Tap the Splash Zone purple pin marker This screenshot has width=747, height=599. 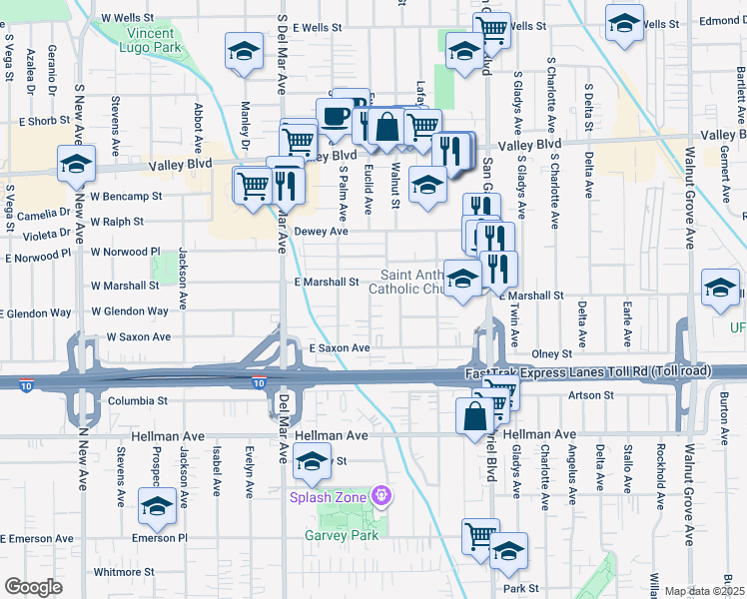378,495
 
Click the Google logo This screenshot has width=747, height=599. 33,587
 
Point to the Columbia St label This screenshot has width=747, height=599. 137,400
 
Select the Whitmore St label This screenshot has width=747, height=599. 119,572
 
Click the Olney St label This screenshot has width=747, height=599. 551,353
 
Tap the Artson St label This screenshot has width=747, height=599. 590,395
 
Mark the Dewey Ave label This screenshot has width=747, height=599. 322,231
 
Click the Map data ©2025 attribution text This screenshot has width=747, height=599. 704,591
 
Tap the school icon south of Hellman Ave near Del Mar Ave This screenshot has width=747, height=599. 312,460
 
